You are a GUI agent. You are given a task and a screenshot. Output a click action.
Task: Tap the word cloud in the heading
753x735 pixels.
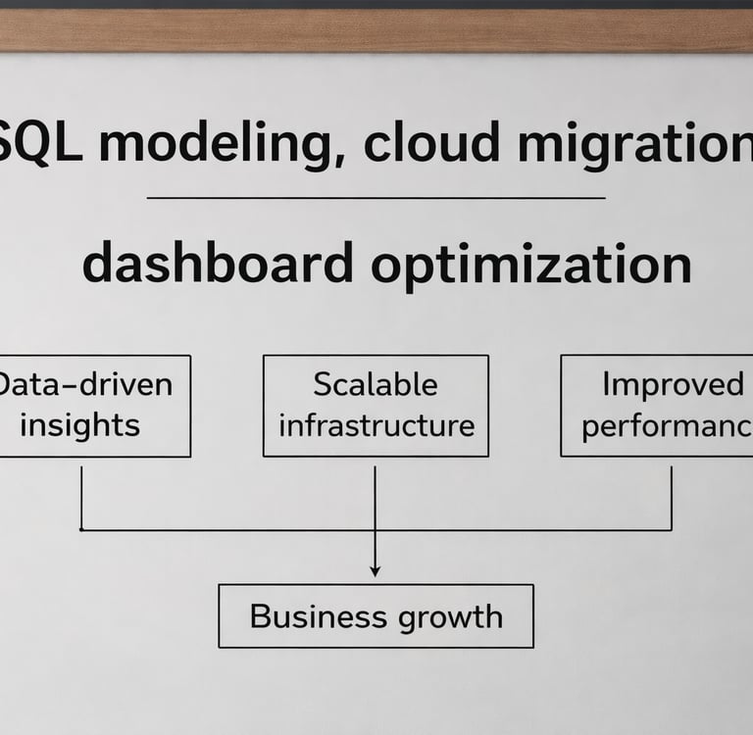click(431, 142)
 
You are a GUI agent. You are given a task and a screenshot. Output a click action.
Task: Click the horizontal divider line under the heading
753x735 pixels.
click(376, 197)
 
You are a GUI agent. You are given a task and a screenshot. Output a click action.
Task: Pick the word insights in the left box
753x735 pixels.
click(80, 425)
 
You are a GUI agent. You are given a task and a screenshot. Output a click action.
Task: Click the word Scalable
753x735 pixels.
click(376, 384)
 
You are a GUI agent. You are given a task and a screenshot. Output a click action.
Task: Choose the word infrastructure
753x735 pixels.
click(376, 425)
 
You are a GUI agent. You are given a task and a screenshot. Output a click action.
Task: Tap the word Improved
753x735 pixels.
click(673, 384)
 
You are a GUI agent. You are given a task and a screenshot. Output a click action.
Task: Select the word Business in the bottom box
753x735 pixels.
click(319, 616)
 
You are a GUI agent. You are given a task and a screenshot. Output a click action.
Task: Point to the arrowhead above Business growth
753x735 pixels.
click(376, 571)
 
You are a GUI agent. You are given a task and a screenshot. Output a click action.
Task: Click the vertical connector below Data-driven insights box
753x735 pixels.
click(81, 498)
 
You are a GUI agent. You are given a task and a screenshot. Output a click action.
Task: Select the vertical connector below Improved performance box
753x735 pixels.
click(672, 498)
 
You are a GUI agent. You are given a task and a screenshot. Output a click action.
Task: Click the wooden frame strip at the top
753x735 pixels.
click(376, 29)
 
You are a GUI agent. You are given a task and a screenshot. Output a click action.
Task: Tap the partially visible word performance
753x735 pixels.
click(667, 426)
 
